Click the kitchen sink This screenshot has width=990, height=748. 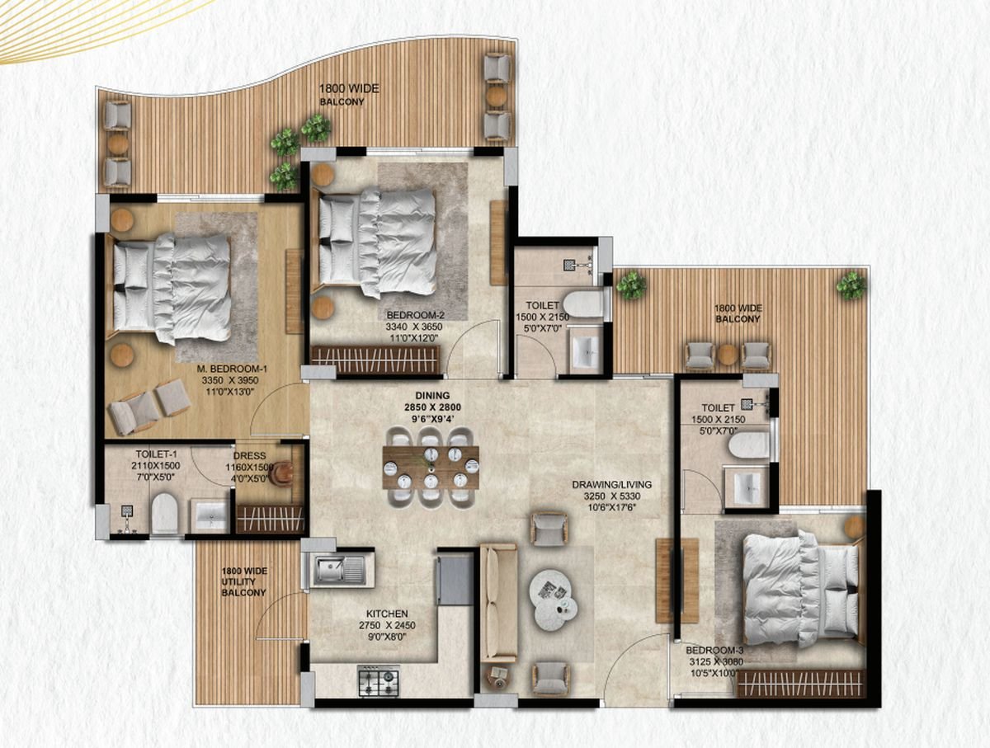tap(339, 569)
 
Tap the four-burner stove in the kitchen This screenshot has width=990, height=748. tap(378, 681)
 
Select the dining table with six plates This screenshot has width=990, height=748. tap(430, 468)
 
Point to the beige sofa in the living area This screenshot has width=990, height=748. tap(498, 602)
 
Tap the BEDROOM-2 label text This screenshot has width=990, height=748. tap(415, 314)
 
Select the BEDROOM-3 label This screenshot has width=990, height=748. tap(715, 649)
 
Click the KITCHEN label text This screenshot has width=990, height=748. tap(387, 614)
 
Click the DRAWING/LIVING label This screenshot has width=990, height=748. tap(608, 485)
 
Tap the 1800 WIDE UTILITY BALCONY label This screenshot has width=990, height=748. tap(243, 581)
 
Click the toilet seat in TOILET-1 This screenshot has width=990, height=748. tap(165, 514)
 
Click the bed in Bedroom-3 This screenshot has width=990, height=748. tap(797, 586)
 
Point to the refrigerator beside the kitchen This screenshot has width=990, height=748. tap(455, 580)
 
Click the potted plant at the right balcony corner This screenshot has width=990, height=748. tap(851, 285)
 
